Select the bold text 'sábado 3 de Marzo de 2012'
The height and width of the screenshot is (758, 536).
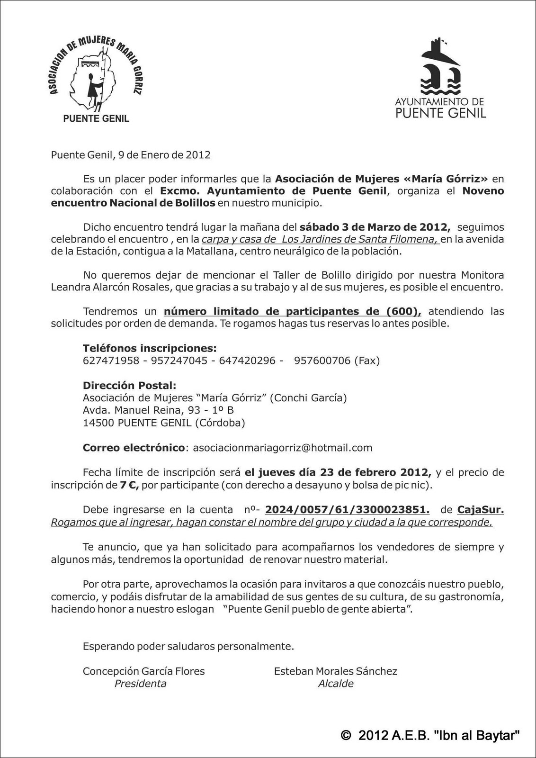[375, 227]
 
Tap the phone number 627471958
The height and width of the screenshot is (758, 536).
[111, 361]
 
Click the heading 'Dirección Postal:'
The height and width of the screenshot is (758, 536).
[129, 386]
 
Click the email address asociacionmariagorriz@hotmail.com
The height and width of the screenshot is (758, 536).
[283, 448]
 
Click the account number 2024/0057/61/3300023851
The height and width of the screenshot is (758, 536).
[347, 510]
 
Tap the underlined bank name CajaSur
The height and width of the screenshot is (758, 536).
[480, 510]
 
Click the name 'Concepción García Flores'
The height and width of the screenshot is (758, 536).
[144, 671]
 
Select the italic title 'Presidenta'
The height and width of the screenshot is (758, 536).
[140, 684]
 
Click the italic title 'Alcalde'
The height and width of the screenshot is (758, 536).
[336, 684]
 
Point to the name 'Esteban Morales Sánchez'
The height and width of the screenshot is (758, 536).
[336, 671]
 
